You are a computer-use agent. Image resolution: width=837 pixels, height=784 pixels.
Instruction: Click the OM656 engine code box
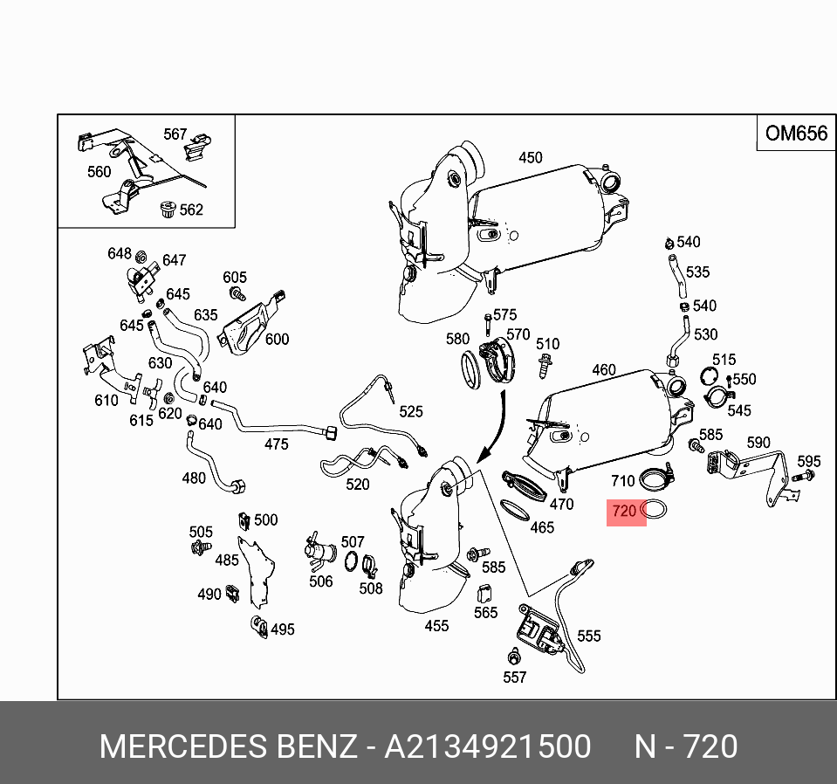click(795, 134)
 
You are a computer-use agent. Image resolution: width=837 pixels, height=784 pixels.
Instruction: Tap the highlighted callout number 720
click(624, 512)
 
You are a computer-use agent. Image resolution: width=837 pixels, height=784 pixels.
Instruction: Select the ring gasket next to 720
click(655, 512)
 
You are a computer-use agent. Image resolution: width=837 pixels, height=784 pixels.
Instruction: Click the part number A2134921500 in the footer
click(488, 747)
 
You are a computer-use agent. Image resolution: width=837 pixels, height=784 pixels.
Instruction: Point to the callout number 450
click(531, 158)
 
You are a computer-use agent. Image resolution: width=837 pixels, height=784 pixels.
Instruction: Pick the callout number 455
click(436, 625)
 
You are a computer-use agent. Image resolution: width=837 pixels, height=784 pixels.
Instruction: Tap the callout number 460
click(604, 370)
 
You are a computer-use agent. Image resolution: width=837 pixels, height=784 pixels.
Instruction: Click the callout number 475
click(276, 444)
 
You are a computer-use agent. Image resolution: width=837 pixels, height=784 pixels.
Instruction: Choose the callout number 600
click(277, 340)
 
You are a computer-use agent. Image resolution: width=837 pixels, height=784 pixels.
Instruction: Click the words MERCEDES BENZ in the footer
click(229, 747)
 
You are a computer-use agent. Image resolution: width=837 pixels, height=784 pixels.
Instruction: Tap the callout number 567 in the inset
click(175, 134)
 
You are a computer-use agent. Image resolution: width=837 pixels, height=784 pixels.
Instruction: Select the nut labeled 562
click(166, 209)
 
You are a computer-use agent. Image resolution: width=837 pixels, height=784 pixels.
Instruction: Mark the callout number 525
click(411, 412)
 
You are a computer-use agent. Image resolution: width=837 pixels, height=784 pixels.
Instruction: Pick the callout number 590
click(758, 443)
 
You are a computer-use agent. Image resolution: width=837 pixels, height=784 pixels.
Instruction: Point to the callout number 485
click(227, 560)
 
